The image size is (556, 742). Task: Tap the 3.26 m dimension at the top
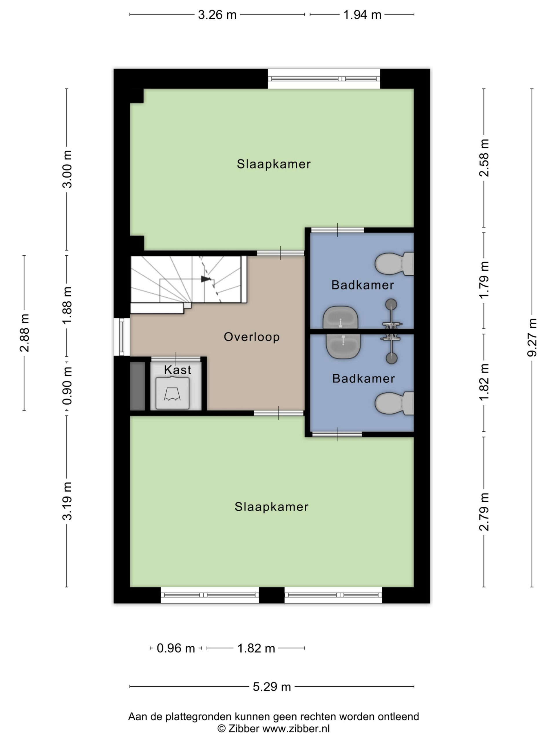coord(217,15)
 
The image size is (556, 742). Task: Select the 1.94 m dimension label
coord(362,15)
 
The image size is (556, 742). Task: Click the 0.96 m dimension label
coord(175,648)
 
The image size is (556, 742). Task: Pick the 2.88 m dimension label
coord(24,333)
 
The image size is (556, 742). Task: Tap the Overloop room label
coord(252,337)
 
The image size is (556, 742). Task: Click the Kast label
coord(178,370)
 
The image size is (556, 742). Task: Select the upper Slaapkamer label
coord(274,164)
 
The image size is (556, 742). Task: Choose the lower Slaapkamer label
coord(271,507)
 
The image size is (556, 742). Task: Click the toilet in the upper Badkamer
coord(394,264)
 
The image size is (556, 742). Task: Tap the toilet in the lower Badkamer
coord(394,403)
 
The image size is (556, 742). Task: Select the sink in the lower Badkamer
coord(343,346)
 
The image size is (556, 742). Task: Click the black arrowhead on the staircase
coord(206,279)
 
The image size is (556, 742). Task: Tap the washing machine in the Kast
coord(173,393)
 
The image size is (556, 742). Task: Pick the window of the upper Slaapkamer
coord(324,79)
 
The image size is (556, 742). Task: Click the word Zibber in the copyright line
coord(244,729)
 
